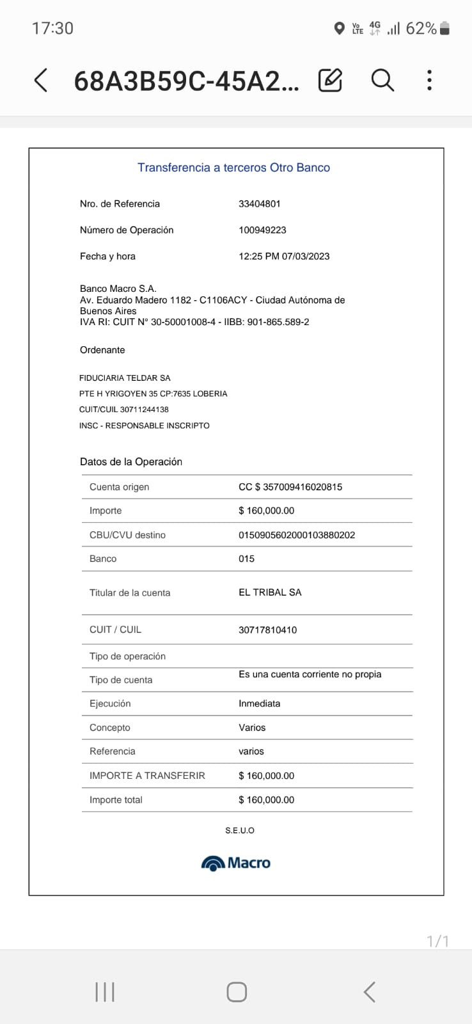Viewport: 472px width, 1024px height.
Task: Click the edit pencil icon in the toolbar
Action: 330,80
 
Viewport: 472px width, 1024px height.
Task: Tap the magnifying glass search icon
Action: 382,80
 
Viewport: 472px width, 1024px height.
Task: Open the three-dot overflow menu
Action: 429,80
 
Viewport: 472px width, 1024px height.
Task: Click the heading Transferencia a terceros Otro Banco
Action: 233,168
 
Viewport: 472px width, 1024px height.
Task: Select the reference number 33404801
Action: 259,204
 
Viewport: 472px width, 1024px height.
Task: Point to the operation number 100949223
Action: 262,230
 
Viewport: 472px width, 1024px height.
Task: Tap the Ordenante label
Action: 102,350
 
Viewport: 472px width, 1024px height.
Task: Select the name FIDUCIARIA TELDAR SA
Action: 125,378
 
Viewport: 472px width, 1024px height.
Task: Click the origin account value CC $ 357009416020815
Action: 290,487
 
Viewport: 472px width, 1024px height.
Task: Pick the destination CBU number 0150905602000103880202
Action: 297,535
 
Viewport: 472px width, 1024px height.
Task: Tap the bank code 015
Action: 246,559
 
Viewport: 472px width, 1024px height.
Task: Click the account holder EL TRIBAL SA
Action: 270,593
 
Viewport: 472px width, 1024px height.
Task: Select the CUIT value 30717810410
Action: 267,630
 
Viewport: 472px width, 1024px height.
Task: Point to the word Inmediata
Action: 259,703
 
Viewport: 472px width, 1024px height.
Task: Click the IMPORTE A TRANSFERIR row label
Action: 147,776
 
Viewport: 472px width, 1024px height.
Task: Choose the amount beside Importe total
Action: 266,800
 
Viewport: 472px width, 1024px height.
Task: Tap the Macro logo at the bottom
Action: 236,863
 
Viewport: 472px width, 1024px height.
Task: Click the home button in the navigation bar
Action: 237,992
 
